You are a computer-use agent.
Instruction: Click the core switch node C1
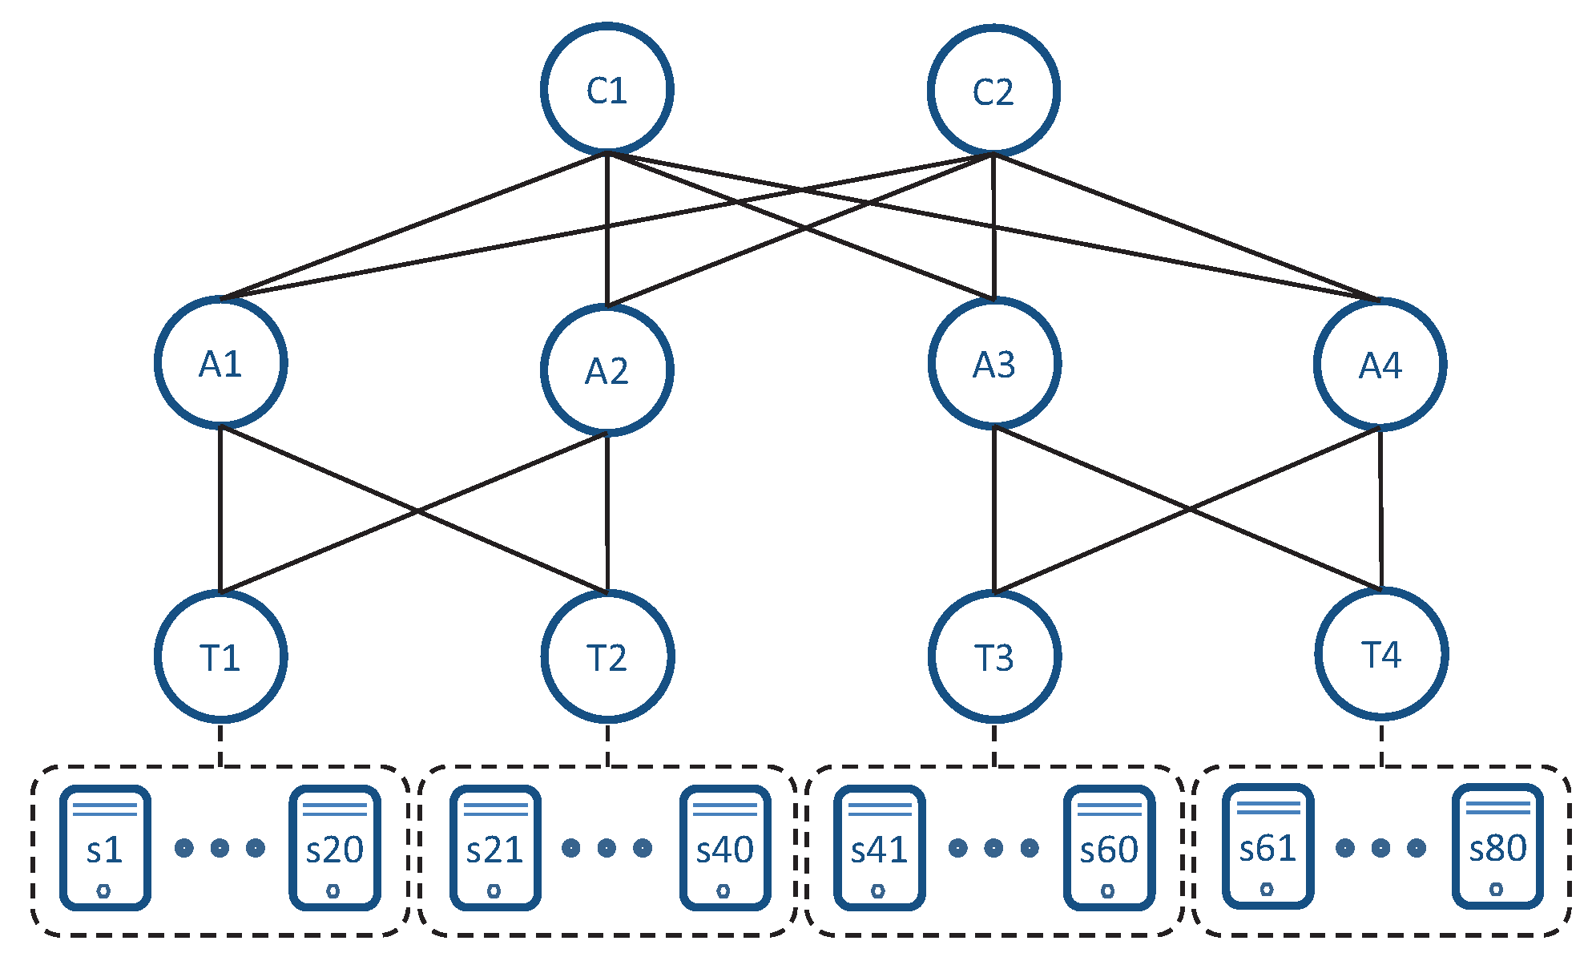[607, 89]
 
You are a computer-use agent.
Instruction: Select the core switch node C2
[993, 91]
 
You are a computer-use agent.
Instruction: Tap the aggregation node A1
[220, 363]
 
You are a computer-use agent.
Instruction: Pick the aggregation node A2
[607, 369]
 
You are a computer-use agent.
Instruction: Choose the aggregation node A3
[994, 364]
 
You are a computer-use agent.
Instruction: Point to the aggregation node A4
[1380, 365]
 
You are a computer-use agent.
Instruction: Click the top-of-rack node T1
[220, 656]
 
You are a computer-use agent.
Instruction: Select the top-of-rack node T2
[607, 656]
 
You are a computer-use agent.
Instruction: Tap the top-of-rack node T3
[994, 656]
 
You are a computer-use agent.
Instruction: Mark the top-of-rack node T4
[1380, 653]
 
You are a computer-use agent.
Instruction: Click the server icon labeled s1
[105, 848]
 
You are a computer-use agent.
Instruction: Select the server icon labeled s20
[334, 848]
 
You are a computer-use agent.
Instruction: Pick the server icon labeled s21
[494, 848]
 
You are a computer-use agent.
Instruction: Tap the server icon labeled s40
[724, 848]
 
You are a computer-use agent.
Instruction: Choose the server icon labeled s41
[879, 848]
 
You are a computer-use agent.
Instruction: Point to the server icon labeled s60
[1109, 848]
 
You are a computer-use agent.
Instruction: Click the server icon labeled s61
[1268, 846]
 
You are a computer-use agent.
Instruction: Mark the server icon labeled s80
[1497, 846]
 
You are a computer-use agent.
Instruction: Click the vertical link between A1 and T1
[220, 509]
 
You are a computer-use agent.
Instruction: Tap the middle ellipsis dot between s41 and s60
[993, 848]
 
